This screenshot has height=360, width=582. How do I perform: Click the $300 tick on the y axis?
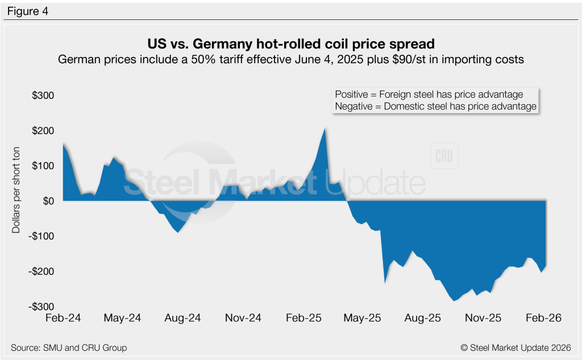coord(43,96)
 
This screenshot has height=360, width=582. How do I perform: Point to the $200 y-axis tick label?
coord(43,131)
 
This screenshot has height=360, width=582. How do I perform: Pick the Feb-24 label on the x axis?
coord(63,318)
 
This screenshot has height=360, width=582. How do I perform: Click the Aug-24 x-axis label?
coord(182,318)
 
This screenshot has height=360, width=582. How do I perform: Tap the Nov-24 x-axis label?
coord(243,318)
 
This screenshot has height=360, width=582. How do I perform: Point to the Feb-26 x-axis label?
coord(544,318)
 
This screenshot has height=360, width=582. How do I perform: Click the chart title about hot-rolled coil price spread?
coord(290,44)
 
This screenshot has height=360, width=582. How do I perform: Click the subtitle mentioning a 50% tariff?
coord(290,59)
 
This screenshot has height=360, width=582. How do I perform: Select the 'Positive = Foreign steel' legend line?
coord(429,94)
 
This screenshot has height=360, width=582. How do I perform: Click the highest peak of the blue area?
coord(325,129)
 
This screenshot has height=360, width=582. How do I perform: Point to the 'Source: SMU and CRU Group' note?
coord(69,347)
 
